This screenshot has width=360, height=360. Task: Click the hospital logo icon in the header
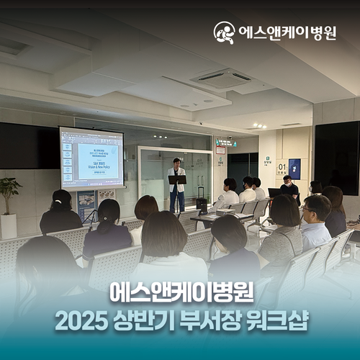[224, 32]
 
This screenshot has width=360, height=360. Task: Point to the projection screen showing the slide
[91, 158]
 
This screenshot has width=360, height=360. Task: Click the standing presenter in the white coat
[175, 184]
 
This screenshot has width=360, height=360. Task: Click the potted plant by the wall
[9, 192]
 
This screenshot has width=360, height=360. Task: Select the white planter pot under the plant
[9, 226]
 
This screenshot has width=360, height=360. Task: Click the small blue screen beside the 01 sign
[294, 168]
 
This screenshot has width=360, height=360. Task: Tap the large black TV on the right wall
[336, 156]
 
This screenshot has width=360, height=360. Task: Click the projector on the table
[225, 212]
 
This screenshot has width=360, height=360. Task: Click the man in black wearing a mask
[289, 189]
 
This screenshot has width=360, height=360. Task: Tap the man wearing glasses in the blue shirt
[315, 223]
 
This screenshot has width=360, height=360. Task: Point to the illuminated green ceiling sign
[226, 143]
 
